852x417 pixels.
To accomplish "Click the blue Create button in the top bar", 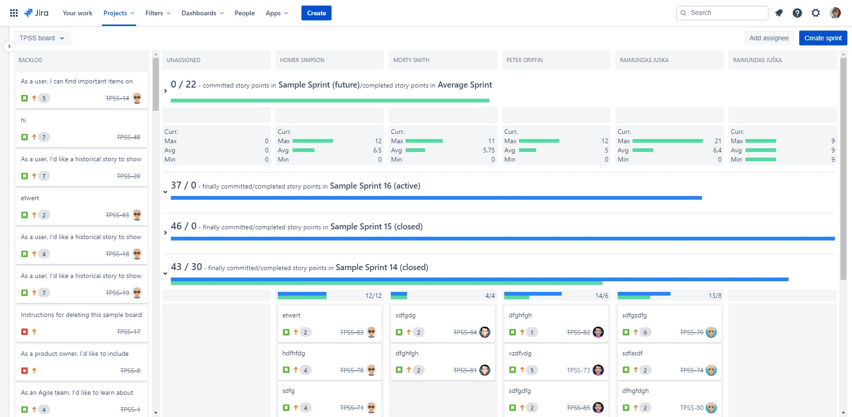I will [316, 13].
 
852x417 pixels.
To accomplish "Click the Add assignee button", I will [769, 38].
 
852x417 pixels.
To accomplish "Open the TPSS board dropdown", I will [42, 38].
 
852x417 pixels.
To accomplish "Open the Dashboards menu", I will [202, 13].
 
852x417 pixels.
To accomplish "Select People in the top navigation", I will [244, 13].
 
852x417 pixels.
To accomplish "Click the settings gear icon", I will [815, 13].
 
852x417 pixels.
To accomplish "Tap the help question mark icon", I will [797, 13].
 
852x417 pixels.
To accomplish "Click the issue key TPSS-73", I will [578, 370].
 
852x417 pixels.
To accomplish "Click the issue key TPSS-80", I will [691, 408].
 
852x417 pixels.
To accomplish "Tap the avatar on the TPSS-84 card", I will [485, 332].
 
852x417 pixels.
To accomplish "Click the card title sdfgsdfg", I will [634, 315].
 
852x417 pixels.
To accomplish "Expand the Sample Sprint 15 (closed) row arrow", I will [165, 233].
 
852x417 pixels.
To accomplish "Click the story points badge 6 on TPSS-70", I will [645, 332].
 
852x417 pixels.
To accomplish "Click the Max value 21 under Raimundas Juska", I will [718, 141].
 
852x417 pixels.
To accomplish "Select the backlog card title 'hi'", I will [24, 120].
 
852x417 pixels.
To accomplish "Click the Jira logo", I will [36, 13].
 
